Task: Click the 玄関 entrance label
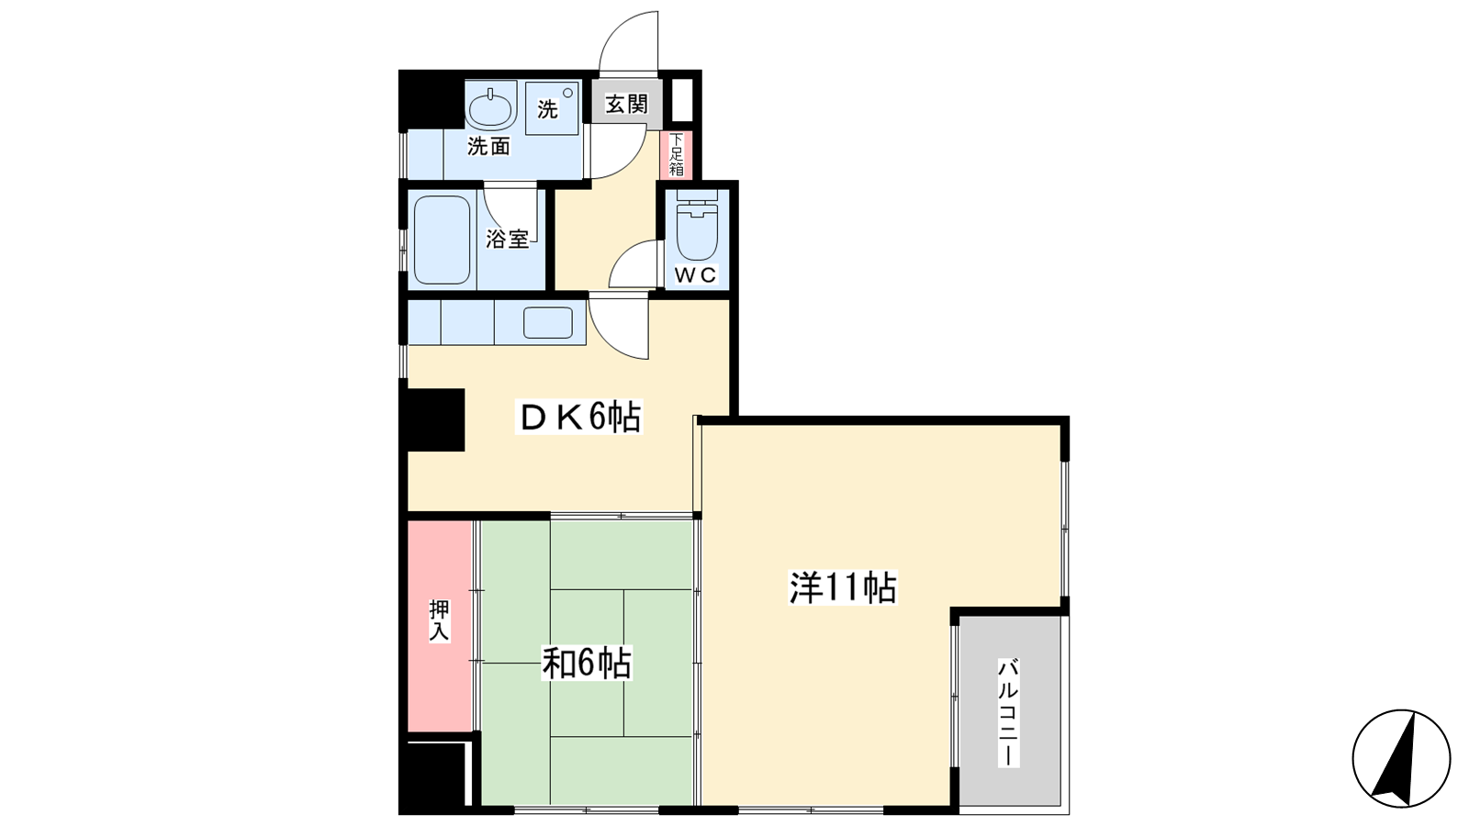pos(626,104)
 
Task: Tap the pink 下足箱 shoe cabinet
pos(676,155)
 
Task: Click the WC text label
pos(696,275)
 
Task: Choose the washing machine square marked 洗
pos(552,107)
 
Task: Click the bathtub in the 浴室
pos(442,240)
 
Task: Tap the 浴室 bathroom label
pos(507,240)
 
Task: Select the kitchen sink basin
pos(547,322)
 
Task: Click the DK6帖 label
pos(580,417)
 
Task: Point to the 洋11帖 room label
pos(843,587)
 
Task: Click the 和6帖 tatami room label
pos(587,663)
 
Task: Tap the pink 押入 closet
pos(440,626)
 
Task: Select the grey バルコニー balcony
pos(1010,710)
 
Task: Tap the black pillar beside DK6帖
pos(435,419)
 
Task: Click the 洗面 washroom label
pos(488,146)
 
